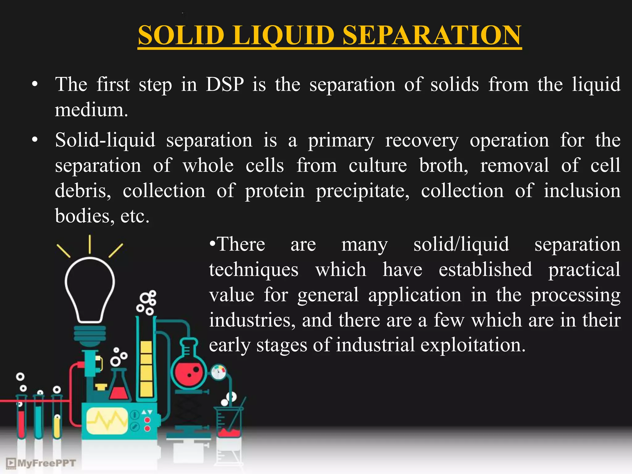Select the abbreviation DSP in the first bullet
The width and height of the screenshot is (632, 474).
pos(225,84)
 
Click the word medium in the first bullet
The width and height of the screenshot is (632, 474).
pos(91,110)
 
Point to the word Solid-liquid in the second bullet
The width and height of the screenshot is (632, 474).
pos(105,140)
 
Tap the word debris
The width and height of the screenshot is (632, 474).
pos(83,191)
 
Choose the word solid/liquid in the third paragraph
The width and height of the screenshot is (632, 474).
pos(461,245)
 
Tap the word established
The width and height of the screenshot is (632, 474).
pos(485,270)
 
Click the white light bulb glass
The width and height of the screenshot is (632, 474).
pos(90,287)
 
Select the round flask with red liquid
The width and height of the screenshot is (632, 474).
pos(189,372)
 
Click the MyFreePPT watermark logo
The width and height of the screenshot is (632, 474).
pos(41,463)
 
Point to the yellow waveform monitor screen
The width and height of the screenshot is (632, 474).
pos(106,421)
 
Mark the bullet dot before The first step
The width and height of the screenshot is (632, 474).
pos(35,84)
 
